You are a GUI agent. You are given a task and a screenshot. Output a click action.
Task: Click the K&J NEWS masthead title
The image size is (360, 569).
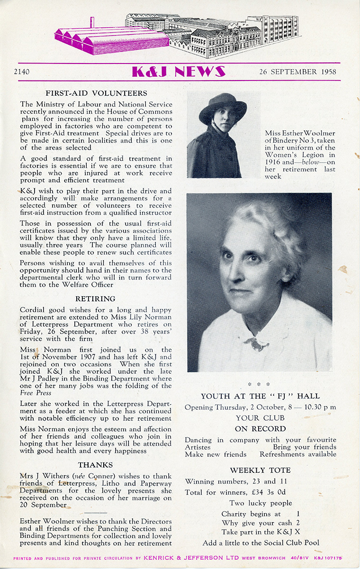(178, 72)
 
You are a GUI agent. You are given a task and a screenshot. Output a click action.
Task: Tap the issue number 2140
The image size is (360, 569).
(22, 72)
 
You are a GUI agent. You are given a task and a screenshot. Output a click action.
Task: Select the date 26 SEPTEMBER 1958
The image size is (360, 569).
(297, 72)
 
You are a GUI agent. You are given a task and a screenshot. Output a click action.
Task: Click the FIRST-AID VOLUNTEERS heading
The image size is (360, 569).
(96, 93)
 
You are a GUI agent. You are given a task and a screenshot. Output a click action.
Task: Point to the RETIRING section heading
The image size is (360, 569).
(96, 298)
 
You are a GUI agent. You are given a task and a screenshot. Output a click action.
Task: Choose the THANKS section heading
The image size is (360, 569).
(96, 465)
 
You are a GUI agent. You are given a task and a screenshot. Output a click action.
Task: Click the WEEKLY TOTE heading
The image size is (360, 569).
(260, 470)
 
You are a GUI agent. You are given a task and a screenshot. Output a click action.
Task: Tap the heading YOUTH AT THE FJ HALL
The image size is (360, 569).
(260, 396)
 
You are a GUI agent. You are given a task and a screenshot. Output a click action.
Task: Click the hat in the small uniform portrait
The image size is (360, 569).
(223, 106)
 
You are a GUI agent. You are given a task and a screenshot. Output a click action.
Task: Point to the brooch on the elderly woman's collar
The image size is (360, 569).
(257, 344)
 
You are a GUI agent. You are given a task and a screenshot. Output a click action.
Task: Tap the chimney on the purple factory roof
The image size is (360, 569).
(92, 22)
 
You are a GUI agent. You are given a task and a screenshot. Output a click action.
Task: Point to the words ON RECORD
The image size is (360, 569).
(260, 429)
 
